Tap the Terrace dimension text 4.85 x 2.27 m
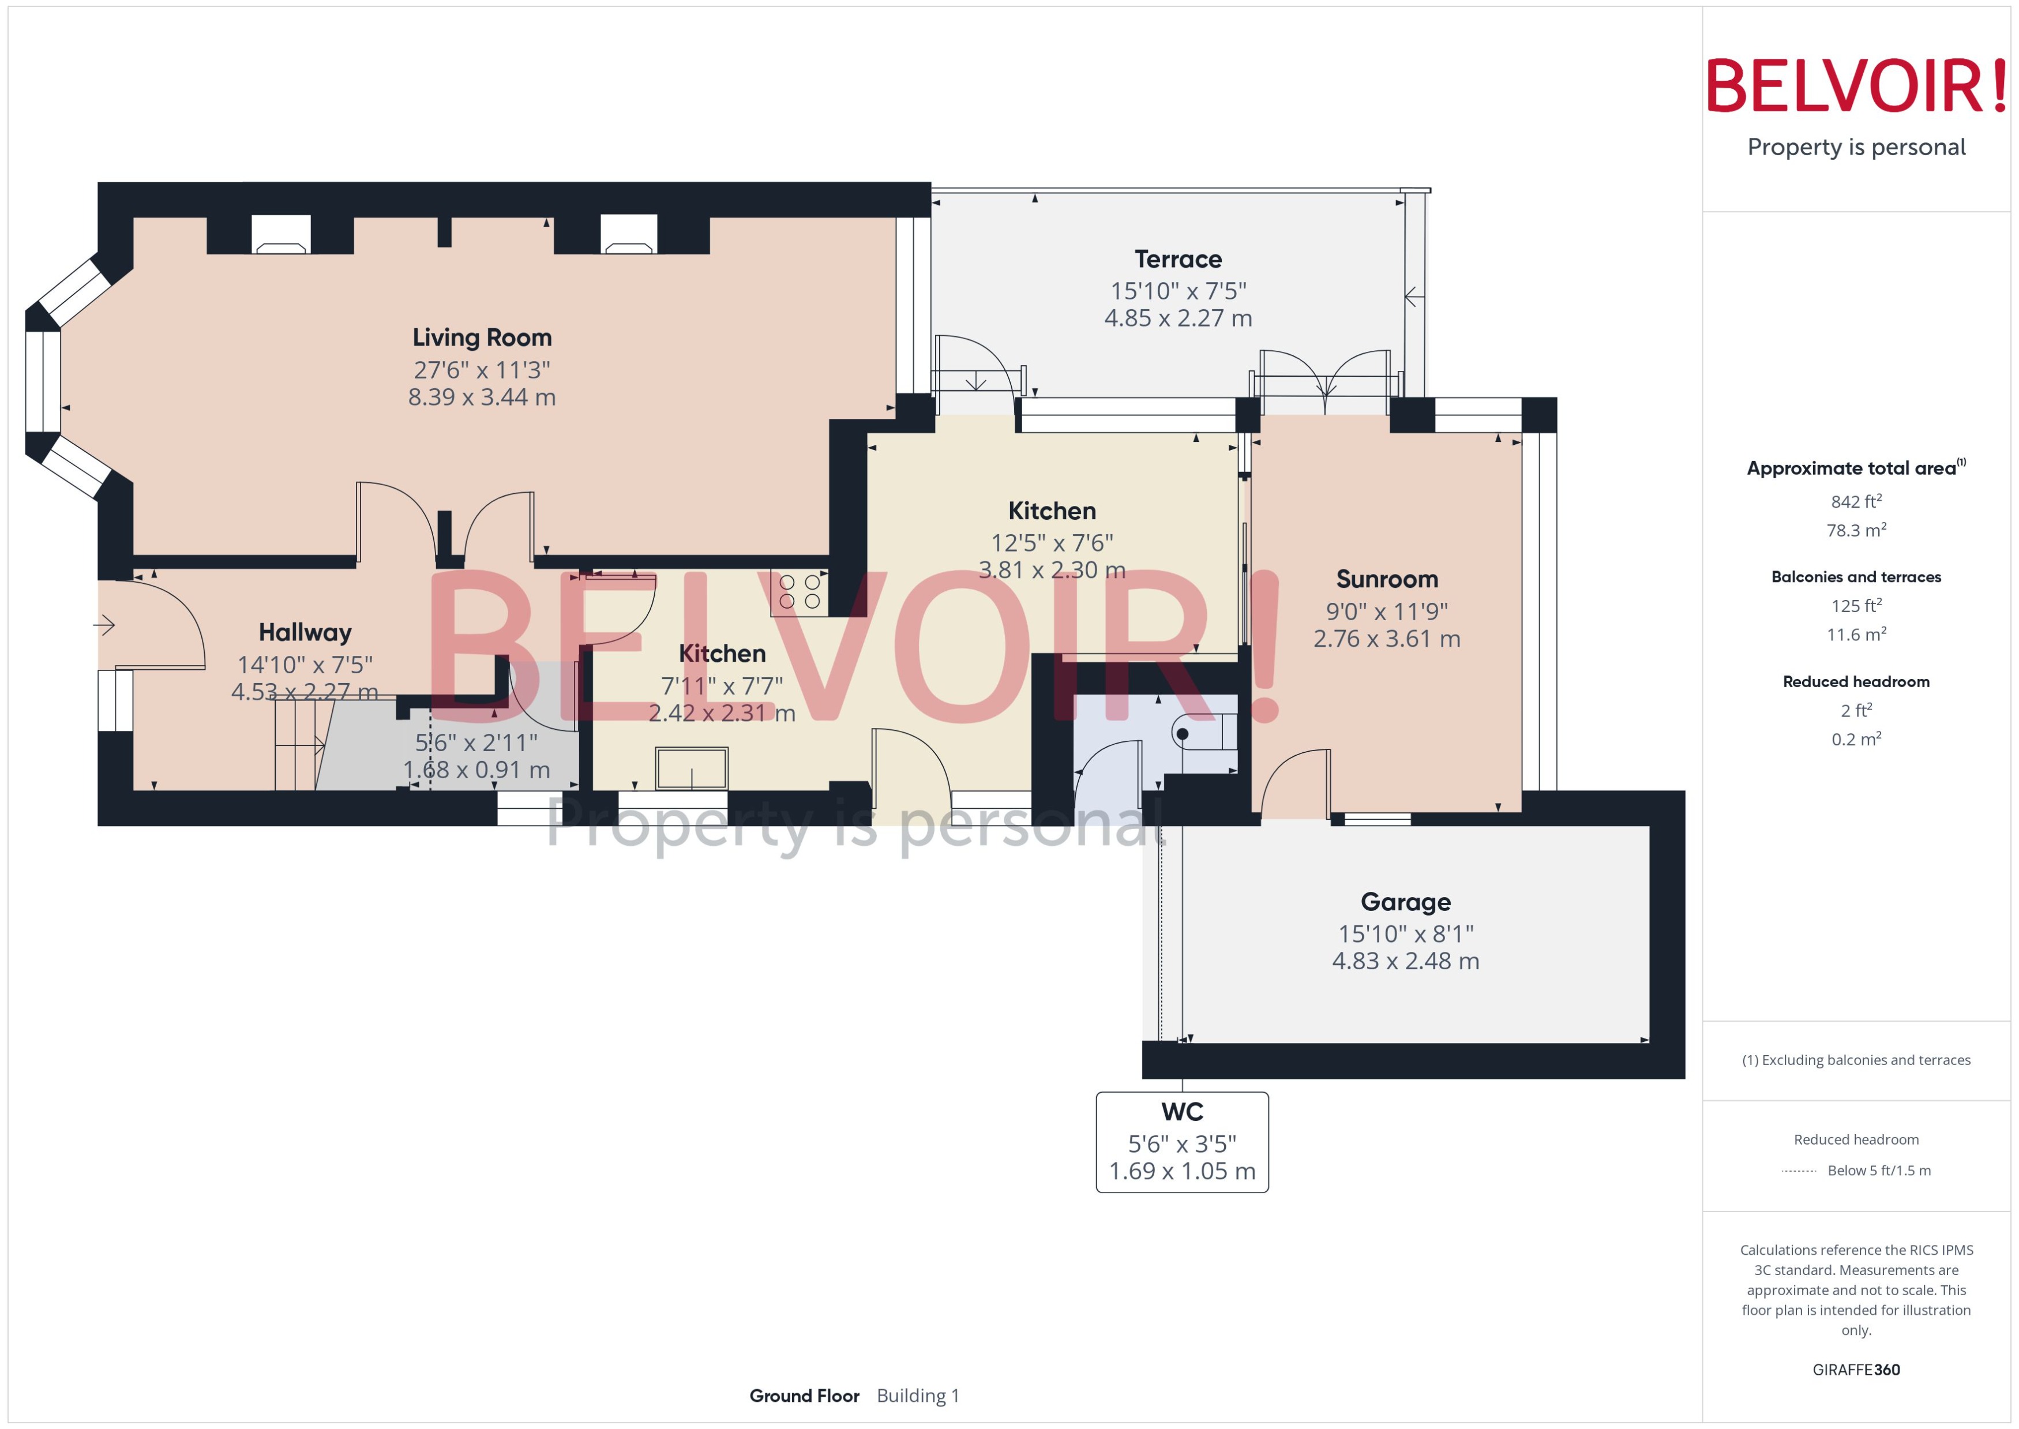(x=1177, y=318)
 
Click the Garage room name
(x=1405, y=901)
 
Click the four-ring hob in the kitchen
(x=799, y=592)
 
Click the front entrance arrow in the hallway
(x=104, y=625)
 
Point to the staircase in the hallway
(x=297, y=744)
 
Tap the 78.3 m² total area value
(x=1855, y=530)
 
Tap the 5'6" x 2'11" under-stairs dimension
(x=476, y=742)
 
